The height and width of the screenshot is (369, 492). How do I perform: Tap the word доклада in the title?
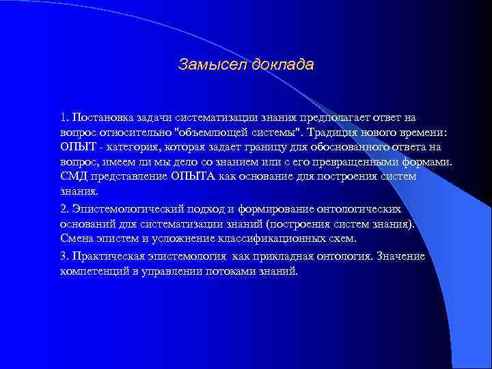(283, 65)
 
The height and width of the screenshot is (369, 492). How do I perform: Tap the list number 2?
(63, 208)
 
